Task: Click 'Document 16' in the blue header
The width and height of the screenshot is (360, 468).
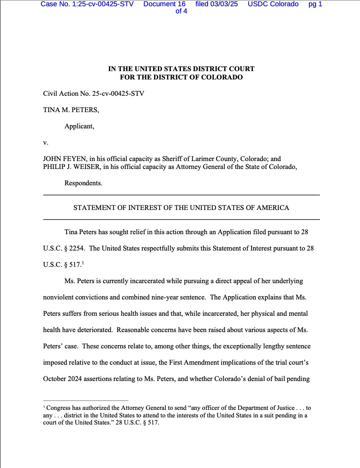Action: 164,4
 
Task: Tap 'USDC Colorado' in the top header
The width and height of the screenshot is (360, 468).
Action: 273,4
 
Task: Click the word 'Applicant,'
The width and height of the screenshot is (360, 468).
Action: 79,126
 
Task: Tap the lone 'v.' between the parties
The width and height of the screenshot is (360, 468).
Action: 46,143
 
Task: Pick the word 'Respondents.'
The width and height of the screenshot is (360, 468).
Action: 83,183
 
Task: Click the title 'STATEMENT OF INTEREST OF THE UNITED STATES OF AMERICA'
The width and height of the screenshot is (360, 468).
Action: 181,207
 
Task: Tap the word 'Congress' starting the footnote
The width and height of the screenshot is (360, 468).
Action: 59,408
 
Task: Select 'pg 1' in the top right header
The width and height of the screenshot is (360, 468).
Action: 315,4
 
